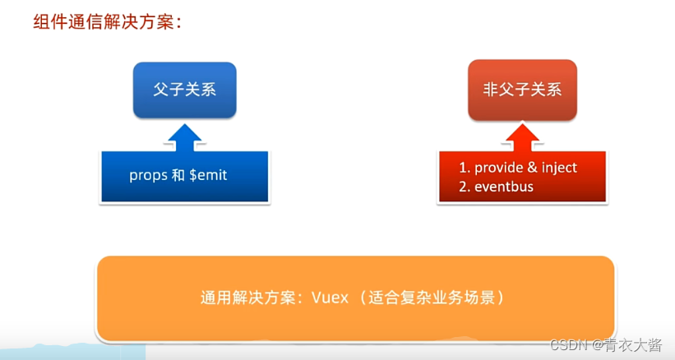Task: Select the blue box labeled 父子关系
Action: pos(185,90)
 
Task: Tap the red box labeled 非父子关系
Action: pos(523,90)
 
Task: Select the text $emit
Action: pos(210,175)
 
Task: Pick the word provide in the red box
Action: pos(500,168)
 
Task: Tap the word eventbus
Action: pos(504,187)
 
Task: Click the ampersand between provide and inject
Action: pos(533,168)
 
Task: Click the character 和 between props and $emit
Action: pos(178,175)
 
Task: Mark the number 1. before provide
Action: pos(464,168)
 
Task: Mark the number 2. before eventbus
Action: pos(464,187)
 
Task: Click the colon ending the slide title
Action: pos(176,23)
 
